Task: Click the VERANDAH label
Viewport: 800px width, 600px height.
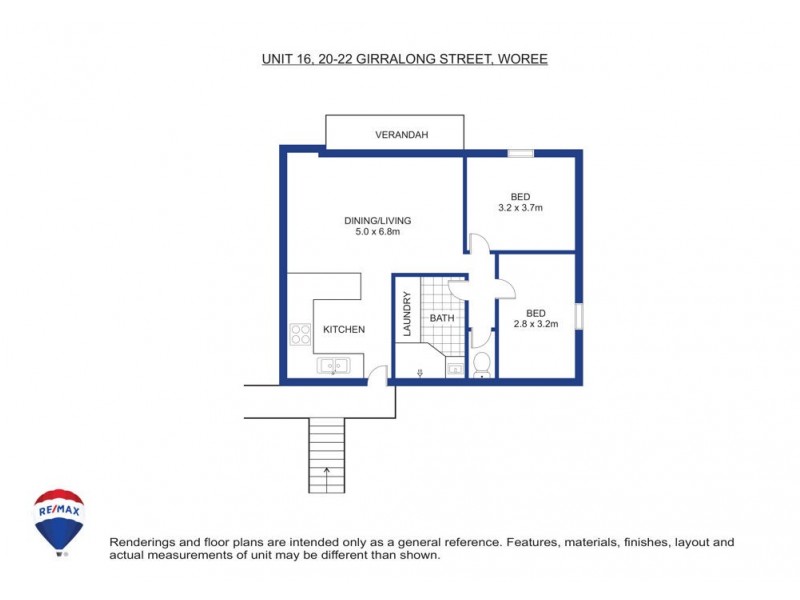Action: (x=401, y=134)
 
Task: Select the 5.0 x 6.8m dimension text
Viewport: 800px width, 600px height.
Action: (x=377, y=233)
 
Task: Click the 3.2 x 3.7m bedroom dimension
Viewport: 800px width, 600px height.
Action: (x=520, y=208)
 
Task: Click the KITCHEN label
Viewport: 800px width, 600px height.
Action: (x=343, y=330)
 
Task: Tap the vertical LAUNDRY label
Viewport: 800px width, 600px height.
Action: (x=407, y=312)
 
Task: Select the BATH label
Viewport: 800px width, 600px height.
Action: (x=441, y=319)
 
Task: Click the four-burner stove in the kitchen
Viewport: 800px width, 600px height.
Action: (x=299, y=333)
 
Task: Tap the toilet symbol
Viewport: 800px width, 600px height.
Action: (x=481, y=365)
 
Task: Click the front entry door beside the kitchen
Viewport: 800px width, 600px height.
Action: (x=377, y=376)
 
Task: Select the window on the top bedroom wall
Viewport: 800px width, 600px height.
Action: (x=520, y=153)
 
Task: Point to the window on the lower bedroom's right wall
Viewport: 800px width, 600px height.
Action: (x=578, y=317)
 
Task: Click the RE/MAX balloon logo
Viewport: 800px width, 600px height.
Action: (x=59, y=519)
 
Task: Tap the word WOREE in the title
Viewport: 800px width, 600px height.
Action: (x=521, y=59)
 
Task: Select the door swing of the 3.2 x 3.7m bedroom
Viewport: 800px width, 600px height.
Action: (x=477, y=244)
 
